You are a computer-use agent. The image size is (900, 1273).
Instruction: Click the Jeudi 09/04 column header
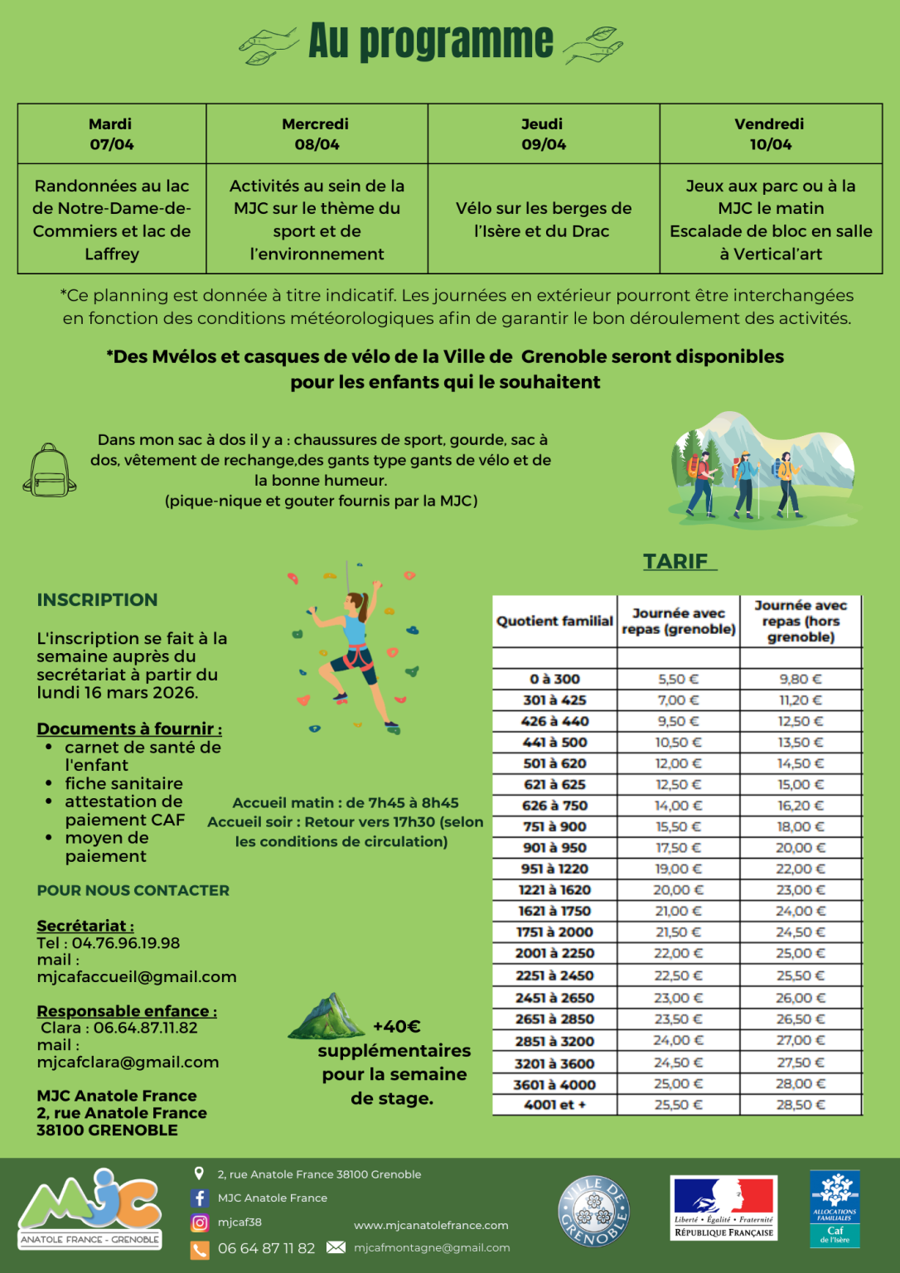[544, 133]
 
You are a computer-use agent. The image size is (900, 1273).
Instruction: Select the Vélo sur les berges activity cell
[544, 220]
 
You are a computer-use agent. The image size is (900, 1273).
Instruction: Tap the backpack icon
[50, 470]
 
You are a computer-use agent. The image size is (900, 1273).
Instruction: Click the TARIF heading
[676, 561]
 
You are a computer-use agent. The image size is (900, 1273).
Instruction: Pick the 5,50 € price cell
[678, 679]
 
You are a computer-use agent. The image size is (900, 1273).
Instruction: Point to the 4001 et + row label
[554, 1105]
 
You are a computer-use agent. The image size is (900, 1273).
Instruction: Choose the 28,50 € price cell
[801, 1105]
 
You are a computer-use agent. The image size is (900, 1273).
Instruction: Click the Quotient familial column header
[554, 621]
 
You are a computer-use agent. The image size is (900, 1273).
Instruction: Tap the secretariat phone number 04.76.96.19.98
[125, 943]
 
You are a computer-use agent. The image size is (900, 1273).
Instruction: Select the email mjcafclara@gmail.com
[128, 1062]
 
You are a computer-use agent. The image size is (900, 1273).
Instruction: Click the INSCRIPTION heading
[97, 600]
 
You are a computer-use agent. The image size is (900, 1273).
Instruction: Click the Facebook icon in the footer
[200, 1198]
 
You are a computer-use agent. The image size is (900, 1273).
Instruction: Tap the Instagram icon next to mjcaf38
[200, 1222]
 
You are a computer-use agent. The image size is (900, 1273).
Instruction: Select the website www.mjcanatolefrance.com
[431, 1226]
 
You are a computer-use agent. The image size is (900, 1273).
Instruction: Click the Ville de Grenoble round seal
[593, 1211]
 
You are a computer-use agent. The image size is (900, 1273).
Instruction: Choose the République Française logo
[723, 1208]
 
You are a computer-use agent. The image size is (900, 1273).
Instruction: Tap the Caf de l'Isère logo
[835, 1208]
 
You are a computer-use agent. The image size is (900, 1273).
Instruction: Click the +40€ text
[397, 1027]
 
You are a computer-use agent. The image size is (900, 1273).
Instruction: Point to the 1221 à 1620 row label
[554, 890]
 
